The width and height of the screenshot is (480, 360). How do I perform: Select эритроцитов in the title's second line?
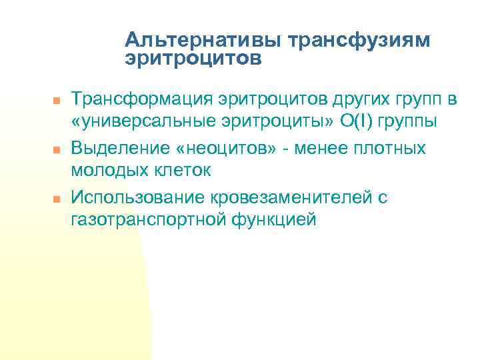(193, 59)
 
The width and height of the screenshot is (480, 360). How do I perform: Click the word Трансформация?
(141, 100)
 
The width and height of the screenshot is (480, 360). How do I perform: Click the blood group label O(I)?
(359, 123)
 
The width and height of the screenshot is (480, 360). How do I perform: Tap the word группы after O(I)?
(413, 123)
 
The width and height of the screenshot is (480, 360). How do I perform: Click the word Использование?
(138, 197)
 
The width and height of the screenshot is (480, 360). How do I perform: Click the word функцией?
(272, 220)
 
